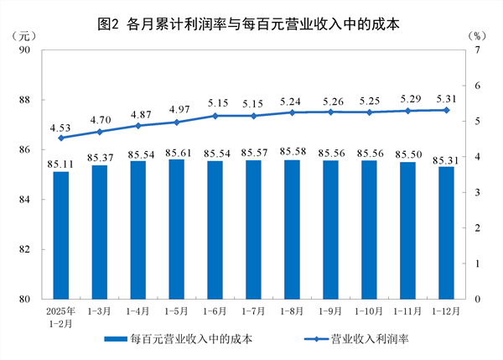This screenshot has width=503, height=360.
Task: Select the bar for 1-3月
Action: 99,232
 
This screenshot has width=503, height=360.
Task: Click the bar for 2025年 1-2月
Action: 60,235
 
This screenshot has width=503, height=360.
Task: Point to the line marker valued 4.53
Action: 60,138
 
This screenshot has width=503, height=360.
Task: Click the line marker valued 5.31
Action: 446,110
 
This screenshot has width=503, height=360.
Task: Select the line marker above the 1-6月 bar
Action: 215,116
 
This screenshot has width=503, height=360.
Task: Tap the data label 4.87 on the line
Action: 138,114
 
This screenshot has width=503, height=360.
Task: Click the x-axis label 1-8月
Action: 292,311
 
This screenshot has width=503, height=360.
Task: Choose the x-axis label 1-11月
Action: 407,311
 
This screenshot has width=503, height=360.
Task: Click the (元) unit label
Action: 25,36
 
